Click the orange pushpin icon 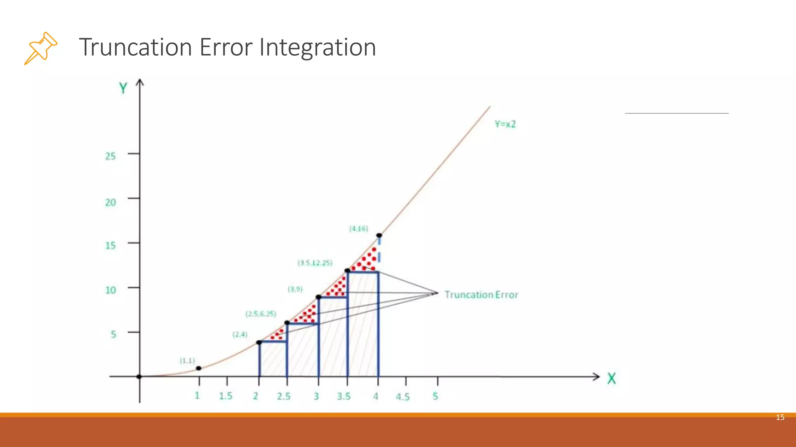point(41,48)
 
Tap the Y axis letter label point(123,88)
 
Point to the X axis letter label point(611,378)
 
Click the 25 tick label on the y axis point(110,156)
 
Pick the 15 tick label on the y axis point(110,246)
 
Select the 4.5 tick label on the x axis point(403,397)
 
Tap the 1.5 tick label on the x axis point(225,396)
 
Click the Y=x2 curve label point(505,124)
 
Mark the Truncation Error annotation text point(481,295)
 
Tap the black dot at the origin point(140,376)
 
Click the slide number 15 point(780,418)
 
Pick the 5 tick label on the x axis point(435,396)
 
